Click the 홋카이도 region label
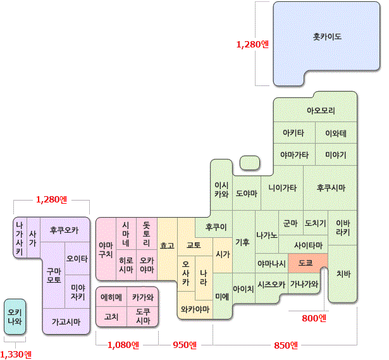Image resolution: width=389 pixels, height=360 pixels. [327, 37]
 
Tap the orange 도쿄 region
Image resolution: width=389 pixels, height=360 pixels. [306, 263]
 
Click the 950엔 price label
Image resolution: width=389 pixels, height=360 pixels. [185, 345]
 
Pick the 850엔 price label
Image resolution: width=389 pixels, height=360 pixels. [287, 345]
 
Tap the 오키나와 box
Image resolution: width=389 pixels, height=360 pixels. [15, 316]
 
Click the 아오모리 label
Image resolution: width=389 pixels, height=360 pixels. [321, 111]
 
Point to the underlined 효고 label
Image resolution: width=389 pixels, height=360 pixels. [167, 245]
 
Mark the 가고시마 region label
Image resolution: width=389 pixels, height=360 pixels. [66, 321]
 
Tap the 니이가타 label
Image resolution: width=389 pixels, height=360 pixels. [282, 188]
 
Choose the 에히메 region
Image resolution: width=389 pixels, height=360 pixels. [111, 297]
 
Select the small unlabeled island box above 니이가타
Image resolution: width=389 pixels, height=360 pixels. [250, 163]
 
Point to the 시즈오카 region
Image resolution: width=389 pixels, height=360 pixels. [271, 285]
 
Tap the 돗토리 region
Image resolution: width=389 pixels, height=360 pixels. [146, 233]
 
